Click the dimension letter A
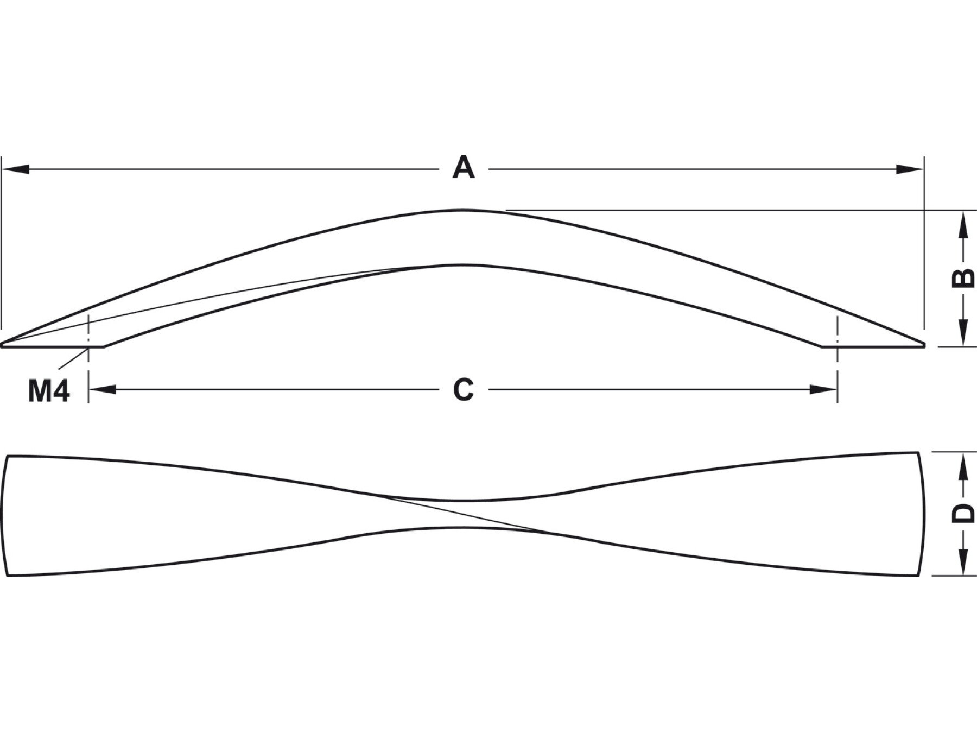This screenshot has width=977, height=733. (463, 168)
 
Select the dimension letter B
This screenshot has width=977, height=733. (963, 278)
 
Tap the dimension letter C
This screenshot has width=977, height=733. (463, 390)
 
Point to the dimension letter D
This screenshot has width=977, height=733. (963, 513)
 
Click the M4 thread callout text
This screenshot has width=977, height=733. (49, 391)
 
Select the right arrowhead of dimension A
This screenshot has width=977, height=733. (910, 169)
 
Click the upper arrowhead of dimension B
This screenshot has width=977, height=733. (963, 224)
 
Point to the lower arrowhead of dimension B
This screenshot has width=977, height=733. (963, 332)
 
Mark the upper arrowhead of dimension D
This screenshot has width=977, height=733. (963, 466)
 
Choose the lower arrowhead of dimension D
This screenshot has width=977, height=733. (963, 561)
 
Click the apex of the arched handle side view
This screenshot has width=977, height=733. (462, 211)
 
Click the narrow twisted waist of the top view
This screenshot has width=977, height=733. (463, 514)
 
